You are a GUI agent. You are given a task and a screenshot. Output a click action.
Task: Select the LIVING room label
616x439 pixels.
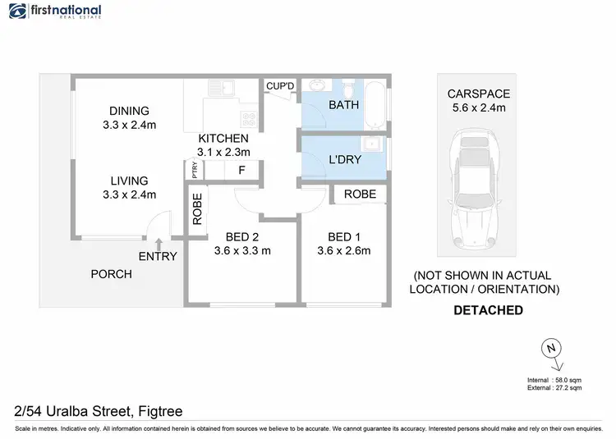point(130,181)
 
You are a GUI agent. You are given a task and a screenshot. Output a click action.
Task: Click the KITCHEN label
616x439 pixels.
point(223,139)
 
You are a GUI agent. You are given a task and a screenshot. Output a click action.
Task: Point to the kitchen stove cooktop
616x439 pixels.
point(249,119)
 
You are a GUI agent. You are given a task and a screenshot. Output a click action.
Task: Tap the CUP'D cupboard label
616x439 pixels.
point(279,85)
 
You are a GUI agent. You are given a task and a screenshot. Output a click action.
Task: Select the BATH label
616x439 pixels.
point(343,105)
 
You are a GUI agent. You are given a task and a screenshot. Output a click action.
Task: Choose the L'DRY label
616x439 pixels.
point(345,160)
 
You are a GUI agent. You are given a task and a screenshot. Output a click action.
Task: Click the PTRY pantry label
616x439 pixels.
point(195,170)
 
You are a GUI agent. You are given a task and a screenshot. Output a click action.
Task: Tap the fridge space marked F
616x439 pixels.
point(241,171)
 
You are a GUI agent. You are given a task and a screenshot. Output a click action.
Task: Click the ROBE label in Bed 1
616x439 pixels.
point(360,194)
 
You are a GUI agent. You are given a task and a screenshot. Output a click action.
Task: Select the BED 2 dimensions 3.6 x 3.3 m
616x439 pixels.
point(242,250)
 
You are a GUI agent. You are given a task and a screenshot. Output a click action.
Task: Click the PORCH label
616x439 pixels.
point(111,273)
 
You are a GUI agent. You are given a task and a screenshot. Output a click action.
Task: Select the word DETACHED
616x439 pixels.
point(489,310)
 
